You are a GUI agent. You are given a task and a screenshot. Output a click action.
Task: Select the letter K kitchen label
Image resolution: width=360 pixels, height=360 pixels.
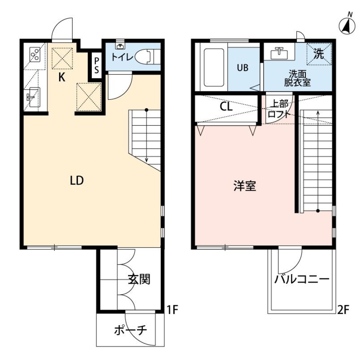click(x=62, y=77)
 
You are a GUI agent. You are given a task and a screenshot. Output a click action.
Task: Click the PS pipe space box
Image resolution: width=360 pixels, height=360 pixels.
click(x=97, y=64)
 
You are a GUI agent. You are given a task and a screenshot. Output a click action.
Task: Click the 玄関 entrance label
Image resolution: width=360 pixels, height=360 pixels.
click(x=139, y=279)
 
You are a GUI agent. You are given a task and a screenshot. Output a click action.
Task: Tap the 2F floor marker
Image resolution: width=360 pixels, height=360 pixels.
click(x=344, y=310)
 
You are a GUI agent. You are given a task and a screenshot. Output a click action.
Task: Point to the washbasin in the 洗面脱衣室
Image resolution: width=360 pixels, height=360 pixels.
click(x=279, y=54)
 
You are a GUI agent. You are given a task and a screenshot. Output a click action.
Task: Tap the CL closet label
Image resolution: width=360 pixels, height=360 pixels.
click(x=226, y=107)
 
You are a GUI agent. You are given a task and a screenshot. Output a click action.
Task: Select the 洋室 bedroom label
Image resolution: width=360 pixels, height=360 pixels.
click(x=244, y=186)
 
